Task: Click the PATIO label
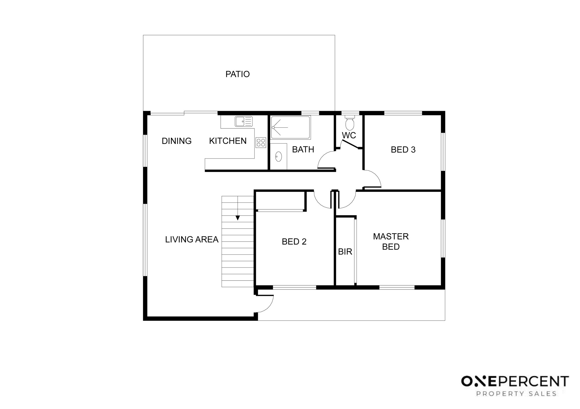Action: tap(238, 74)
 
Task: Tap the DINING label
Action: tap(177, 141)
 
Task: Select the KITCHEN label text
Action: tap(228, 141)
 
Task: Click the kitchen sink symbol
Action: tap(244, 121)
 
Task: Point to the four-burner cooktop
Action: tap(261, 142)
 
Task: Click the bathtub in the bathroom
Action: tap(291, 127)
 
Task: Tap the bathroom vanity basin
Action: tap(278, 156)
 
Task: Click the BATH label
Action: tap(303, 149)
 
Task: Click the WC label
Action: tap(349, 135)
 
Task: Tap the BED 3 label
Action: tap(403, 150)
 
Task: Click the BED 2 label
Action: tap(294, 242)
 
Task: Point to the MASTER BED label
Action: tap(391, 242)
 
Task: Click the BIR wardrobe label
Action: tap(345, 252)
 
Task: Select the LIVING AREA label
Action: tap(192, 240)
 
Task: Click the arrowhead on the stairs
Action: tap(238, 218)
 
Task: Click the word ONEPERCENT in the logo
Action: tap(515, 381)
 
